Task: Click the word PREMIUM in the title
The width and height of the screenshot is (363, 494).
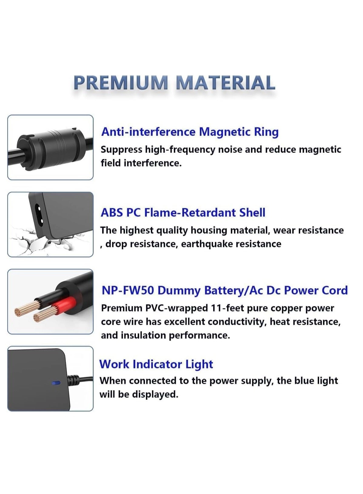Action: click(121, 83)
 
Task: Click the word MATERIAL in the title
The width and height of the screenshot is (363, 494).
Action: click(225, 83)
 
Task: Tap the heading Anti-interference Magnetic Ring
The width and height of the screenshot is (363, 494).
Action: click(190, 132)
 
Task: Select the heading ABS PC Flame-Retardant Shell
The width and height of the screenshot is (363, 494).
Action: click(183, 212)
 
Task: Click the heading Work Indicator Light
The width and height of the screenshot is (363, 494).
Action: click(156, 364)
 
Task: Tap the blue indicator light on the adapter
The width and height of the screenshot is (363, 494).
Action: click(56, 383)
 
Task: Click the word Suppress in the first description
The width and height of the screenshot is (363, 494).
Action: click(122, 150)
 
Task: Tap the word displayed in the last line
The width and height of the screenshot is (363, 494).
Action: click(155, 394)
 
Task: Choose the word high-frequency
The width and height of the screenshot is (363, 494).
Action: click(180, 150)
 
